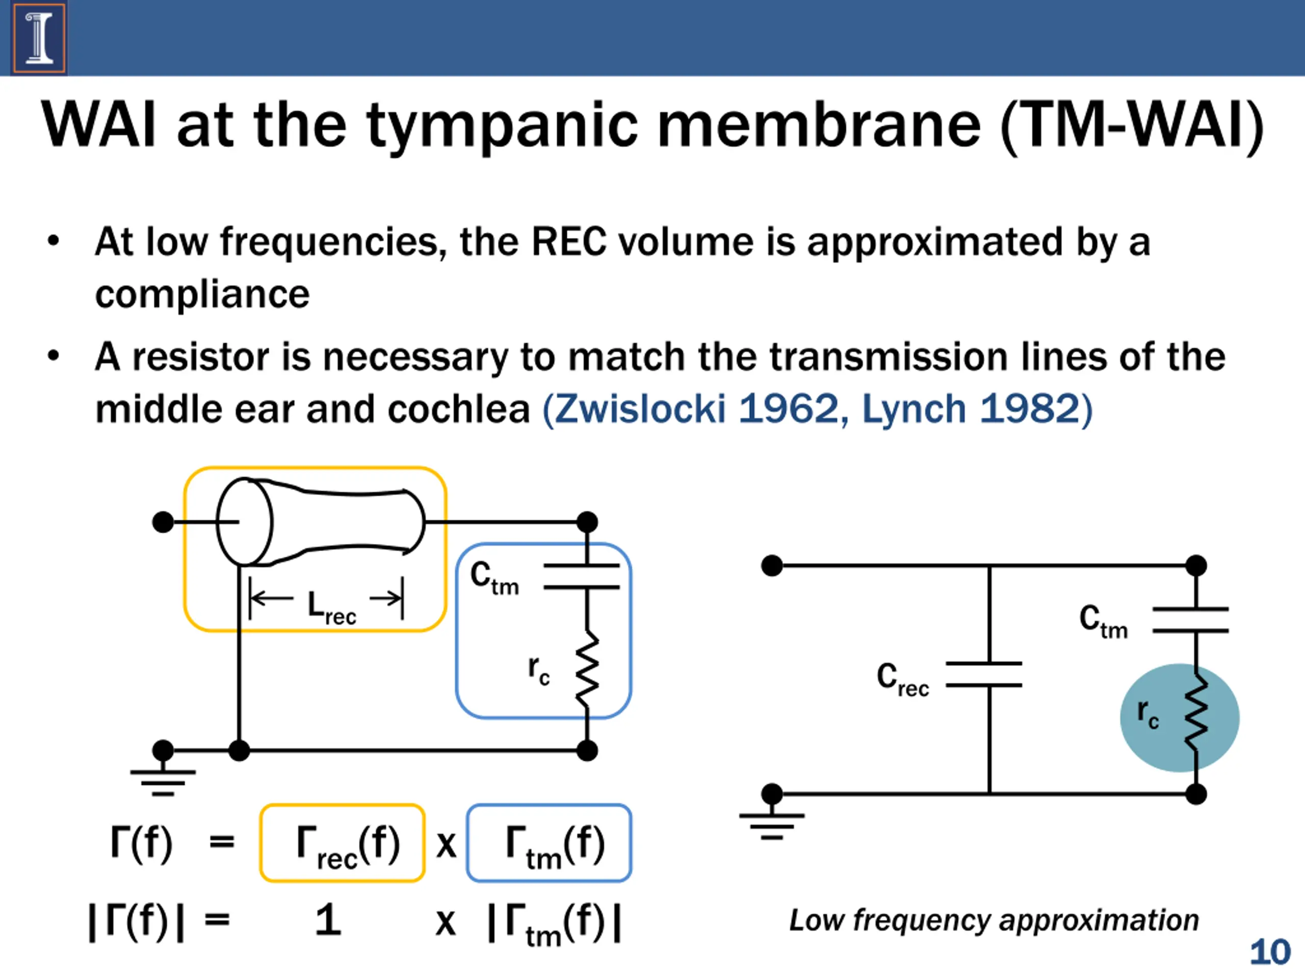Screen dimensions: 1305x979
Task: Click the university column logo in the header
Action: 39,38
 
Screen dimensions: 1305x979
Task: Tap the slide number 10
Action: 1270,952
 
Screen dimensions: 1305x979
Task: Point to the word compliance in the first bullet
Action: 202,294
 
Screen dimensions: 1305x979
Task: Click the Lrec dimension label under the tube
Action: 331,607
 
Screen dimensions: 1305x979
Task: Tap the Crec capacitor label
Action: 903,679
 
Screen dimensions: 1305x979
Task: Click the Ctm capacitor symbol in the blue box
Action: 582,577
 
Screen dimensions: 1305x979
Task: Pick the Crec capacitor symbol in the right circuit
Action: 983,674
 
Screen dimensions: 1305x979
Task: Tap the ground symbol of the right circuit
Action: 772,826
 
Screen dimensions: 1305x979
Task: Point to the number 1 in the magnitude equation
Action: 328,920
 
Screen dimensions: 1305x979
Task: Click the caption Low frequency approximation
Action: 994,920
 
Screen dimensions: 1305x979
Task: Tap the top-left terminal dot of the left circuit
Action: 163,522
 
